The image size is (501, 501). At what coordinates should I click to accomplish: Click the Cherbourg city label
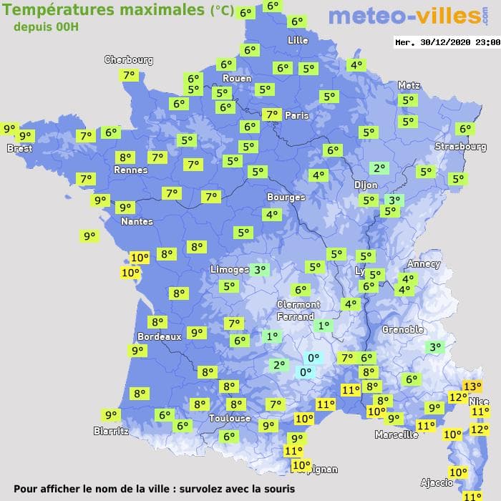[129, 60]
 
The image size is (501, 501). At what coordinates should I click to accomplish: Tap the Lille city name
[298, 40]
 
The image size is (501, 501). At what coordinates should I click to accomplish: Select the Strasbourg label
[460, 147]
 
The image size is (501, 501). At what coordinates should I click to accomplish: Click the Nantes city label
[137, 221]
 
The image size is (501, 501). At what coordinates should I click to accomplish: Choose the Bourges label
[286, 197]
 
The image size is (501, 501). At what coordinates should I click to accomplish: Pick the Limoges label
[229, 269]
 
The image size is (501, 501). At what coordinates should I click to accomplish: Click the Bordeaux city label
[159, 336]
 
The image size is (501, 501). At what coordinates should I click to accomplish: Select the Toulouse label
[230, 418]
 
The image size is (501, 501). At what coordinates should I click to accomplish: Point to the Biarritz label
[111, 431]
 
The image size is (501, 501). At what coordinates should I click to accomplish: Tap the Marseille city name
[397, 434]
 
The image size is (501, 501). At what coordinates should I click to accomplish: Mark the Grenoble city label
[403, 330]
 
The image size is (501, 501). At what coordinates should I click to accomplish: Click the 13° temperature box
[472, 386]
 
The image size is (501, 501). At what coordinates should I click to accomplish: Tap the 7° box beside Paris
[271, 115]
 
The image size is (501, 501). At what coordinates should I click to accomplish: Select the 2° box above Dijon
[379, 168]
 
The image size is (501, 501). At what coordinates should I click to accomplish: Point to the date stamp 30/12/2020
[447, 42]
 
